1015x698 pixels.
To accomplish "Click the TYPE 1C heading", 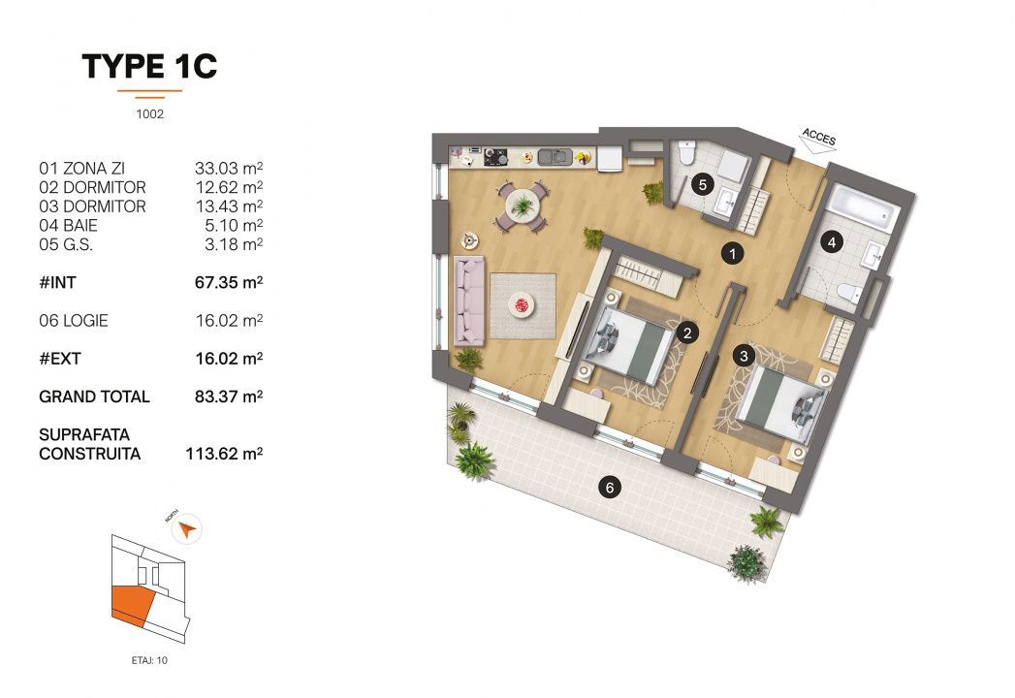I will (149, 66).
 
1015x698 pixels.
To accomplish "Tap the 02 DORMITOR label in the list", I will (92, 187).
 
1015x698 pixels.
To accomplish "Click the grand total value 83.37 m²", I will (230, 397).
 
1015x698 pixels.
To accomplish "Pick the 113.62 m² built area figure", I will (225, 453).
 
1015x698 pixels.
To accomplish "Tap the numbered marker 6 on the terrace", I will (609, 488).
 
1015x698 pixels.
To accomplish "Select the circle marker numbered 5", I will (705, 182).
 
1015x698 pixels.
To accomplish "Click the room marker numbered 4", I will (831, 243).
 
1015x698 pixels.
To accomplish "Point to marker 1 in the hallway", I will (734, 254).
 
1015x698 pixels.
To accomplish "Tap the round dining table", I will (523, 206).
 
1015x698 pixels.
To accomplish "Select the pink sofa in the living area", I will (470, 303).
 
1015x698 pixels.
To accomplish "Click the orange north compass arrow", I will (188, 529).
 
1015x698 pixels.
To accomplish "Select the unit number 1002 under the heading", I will (149, 113).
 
